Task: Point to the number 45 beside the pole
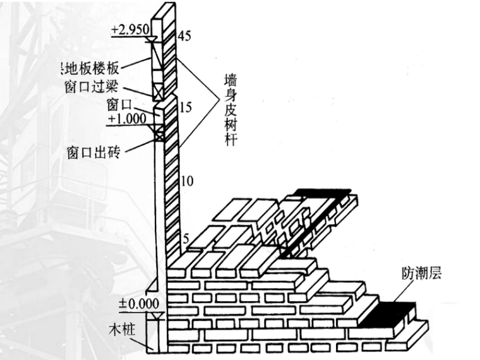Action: point(185,35)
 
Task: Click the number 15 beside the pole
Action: point(185,107)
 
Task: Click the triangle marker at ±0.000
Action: point(158,313)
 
